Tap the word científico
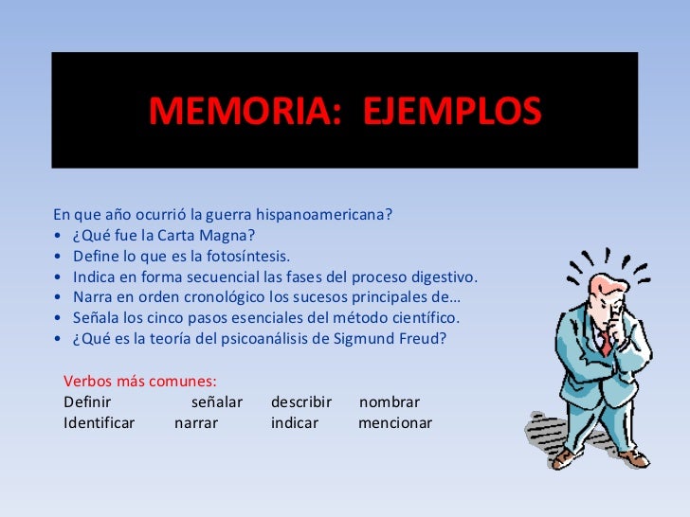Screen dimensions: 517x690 [427, 318]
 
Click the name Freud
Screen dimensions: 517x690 [423, 339]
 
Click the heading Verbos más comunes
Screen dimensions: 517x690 [140, 382]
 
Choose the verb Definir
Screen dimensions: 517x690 [87, 402]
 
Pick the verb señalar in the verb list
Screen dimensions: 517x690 [217, 402]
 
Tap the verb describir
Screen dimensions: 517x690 [301, 402]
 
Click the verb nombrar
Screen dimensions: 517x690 [390, 402]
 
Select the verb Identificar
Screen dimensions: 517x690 [100, 423]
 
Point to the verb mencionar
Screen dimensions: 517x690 [395, 423]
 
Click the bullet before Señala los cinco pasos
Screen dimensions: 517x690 [59, 318]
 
